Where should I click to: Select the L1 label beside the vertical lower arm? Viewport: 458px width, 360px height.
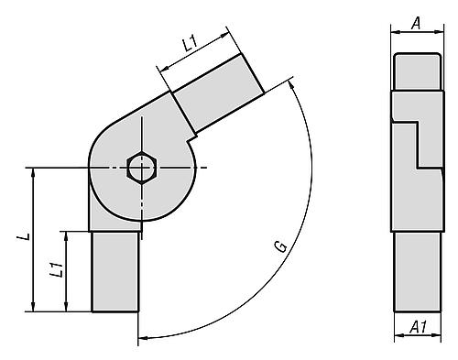tap(57, 270)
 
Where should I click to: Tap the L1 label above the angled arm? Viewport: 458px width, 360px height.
tap(189, 44)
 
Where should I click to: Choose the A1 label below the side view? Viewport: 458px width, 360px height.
tap(416, 327)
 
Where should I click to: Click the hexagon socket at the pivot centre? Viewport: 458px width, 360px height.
tap(142, 169)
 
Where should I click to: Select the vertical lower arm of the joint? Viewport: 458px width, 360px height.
tap(115, 270)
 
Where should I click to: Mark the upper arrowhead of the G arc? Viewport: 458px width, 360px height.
tap(292, 83)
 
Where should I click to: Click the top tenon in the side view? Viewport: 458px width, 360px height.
tap(417, 71)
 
